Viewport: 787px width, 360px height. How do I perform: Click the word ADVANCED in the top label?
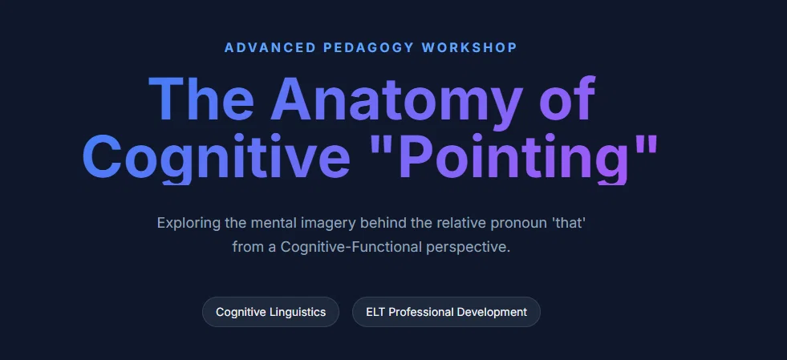pos(270,47)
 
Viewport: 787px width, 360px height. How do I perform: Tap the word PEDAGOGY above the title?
pos(369,47)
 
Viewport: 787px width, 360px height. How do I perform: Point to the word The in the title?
pos(201,99)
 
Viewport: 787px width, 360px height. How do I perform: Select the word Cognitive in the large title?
pos(217,157)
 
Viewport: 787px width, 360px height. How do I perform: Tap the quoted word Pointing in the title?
pos(513,157)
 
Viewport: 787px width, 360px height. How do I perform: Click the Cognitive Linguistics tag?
pos(270,312)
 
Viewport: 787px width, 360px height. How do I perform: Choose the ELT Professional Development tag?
pos(446,312)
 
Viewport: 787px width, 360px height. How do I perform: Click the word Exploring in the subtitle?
pos(189,223)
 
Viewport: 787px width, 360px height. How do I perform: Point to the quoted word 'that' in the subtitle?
pos(569,223)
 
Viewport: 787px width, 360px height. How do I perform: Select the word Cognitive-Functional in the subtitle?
pos(351,247)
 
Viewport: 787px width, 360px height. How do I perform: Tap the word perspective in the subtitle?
pos(469,248)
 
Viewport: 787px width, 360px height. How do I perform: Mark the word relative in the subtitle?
pos(461,223)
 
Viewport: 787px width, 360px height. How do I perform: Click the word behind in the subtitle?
pos(384,223)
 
